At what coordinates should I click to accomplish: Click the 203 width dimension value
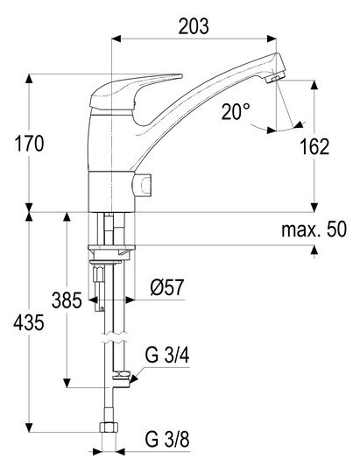click(x=194, y=26)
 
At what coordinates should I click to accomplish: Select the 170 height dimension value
click(x=29, y=144)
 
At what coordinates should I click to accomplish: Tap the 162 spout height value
click(x=314, y=147)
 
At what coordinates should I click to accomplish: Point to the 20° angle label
click(x=236, y=111)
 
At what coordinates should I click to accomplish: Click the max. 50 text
click(x=314, y=229)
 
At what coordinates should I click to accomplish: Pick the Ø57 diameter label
click(x=167, y=287)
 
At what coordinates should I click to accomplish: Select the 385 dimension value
click(x=67, y=300)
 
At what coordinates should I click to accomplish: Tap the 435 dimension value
click(x=29, y=322)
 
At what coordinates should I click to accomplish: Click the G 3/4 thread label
click(x=167, y=355)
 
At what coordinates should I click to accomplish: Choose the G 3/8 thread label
click(x=167, y=439)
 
